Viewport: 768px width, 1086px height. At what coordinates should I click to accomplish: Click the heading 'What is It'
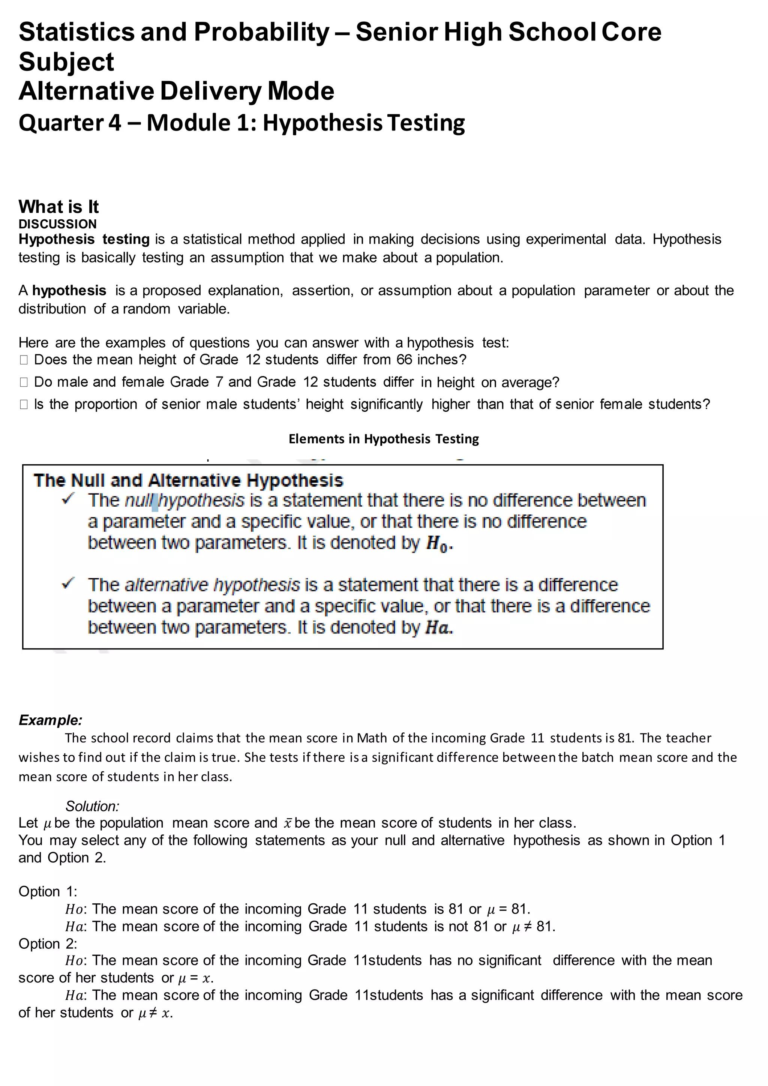click(x=58, y=207)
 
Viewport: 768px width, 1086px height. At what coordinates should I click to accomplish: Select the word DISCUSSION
click(x=57, y=224)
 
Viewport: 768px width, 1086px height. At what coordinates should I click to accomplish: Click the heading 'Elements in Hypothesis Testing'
click(x=384, y=439)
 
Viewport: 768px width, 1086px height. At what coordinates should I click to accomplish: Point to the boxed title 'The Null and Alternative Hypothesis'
click(x=188, y=481)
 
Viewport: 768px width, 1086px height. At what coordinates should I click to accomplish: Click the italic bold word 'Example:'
click(x=51, y=720)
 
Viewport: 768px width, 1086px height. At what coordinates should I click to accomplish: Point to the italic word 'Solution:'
click(x=92, y=807)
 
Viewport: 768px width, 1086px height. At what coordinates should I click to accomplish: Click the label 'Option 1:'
click(x=48, y=892)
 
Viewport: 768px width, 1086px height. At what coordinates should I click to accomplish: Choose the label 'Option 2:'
click(x=48, y=943)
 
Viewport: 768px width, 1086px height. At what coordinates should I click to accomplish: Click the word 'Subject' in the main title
click(x=66, y=61)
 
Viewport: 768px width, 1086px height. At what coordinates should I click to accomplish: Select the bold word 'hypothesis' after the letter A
click(x=69, y=290)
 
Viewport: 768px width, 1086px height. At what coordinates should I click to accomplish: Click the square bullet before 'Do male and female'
click(x=24, y=382)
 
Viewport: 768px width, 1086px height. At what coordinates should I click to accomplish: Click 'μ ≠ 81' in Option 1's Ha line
click(x=534, y=926)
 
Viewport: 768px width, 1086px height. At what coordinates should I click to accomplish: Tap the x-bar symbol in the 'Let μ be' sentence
click(x=288, y=823)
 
